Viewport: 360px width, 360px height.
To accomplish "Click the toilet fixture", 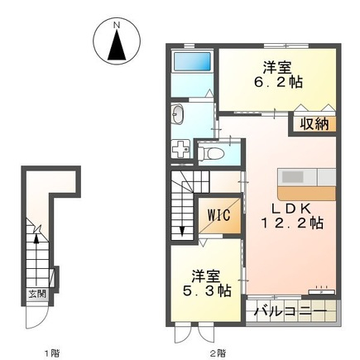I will click(213, 151).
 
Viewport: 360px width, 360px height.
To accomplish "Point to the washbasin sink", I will click(180, 114).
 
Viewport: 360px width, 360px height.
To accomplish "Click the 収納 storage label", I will click(313, 124).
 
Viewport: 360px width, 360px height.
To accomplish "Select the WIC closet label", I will click(218, 215).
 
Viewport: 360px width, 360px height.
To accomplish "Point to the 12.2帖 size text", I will click(295, 223).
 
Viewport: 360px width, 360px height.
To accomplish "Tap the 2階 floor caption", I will click(217, 353).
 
